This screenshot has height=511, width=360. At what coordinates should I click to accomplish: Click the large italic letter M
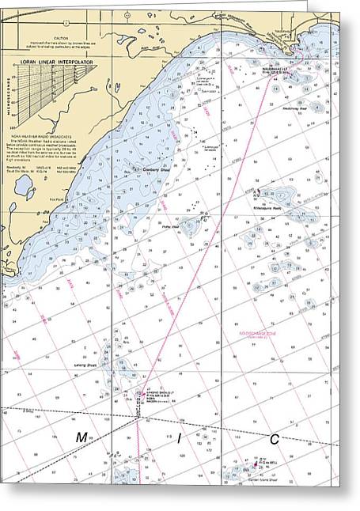[x=81, y=438]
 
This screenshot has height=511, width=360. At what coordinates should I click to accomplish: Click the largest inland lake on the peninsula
[x=23, y=187]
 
